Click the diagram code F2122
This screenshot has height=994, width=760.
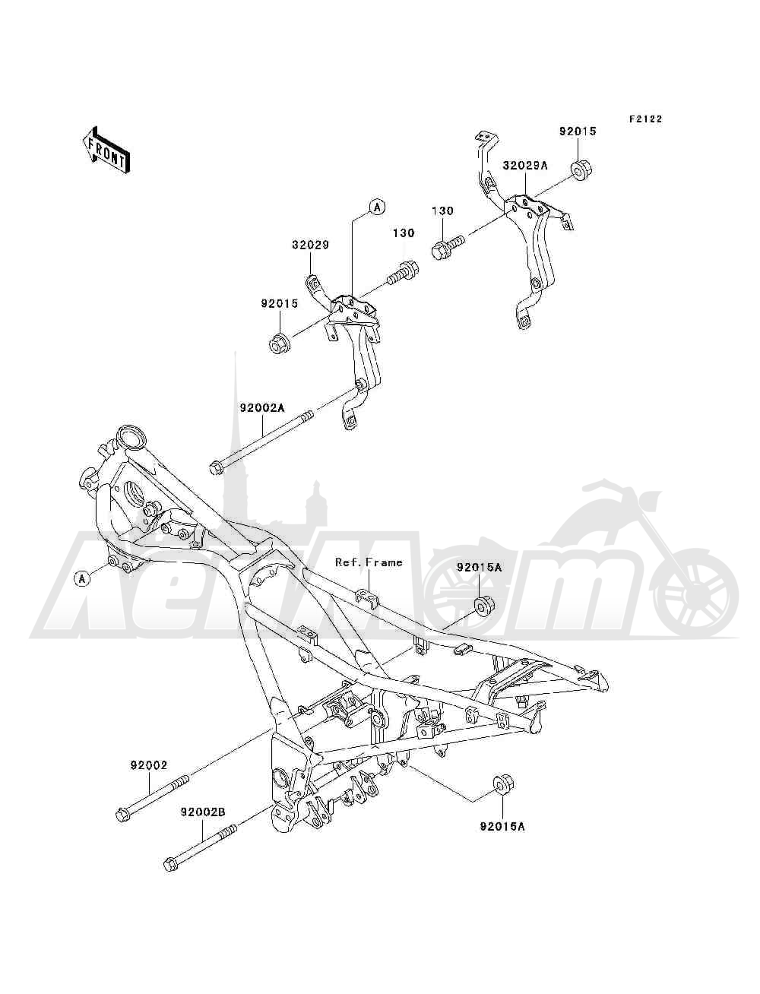point(645,119)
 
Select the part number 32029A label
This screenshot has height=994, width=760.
point(525,166)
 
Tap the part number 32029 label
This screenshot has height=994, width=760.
point(310,245)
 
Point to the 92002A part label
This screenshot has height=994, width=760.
point(262,408)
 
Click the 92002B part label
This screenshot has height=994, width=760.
point(202,812)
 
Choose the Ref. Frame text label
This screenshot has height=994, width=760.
point(369,562)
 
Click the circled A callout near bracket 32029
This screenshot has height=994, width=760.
point(377,207)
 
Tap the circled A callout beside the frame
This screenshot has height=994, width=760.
point(82,578)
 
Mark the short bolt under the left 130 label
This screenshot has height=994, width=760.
point(403,273)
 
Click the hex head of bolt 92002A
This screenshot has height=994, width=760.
point(217,468)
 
